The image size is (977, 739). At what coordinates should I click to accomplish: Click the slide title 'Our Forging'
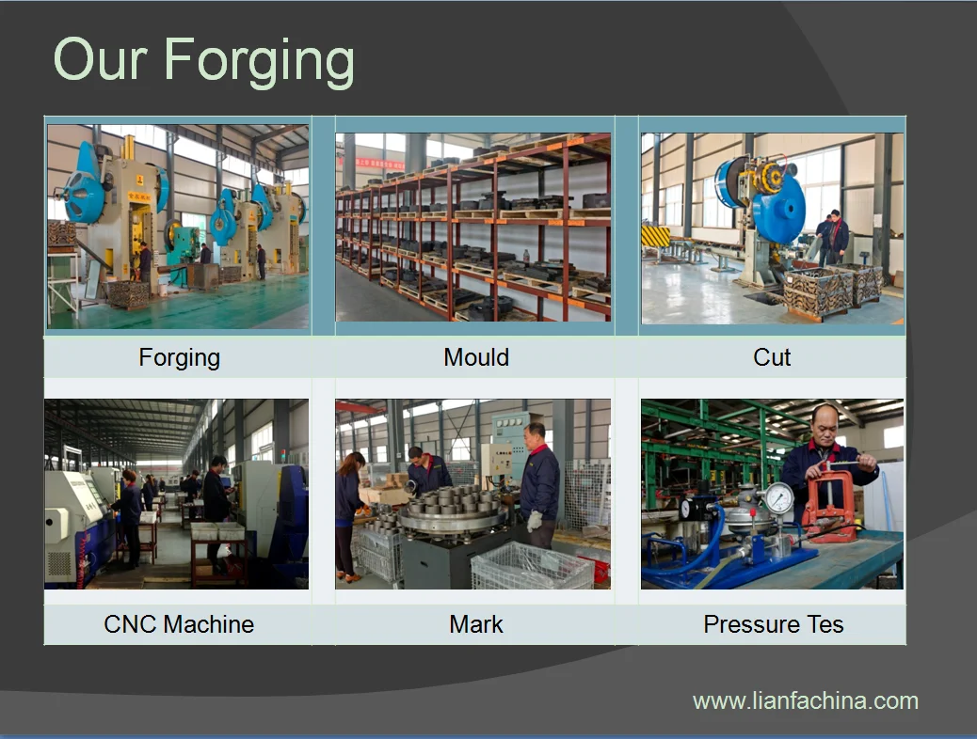pos(203,61)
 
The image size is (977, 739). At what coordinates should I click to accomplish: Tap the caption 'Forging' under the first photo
pos(180,358)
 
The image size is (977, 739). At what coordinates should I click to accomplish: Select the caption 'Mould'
pos(476,357)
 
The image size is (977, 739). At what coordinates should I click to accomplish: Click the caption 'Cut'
pos(772,357)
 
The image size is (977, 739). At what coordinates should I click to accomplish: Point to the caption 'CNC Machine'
pos(179,623)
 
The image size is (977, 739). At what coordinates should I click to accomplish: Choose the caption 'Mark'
pos(476,623)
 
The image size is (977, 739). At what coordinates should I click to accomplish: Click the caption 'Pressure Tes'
pos(774,623)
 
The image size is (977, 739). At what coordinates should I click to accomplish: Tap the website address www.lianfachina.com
pos(806,701)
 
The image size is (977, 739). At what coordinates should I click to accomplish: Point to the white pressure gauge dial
pos(778,498)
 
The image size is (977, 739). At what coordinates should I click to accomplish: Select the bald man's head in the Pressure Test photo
pos(825,425)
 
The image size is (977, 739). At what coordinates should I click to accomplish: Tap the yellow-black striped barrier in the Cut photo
pos(655,237)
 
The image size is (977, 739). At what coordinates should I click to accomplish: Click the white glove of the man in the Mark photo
pos(535,521)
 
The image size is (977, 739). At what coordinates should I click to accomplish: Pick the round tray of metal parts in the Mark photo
pos(452,511)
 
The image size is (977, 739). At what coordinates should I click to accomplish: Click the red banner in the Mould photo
pos(372,163)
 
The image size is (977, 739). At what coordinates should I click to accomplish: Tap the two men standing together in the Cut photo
pos(832,238)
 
